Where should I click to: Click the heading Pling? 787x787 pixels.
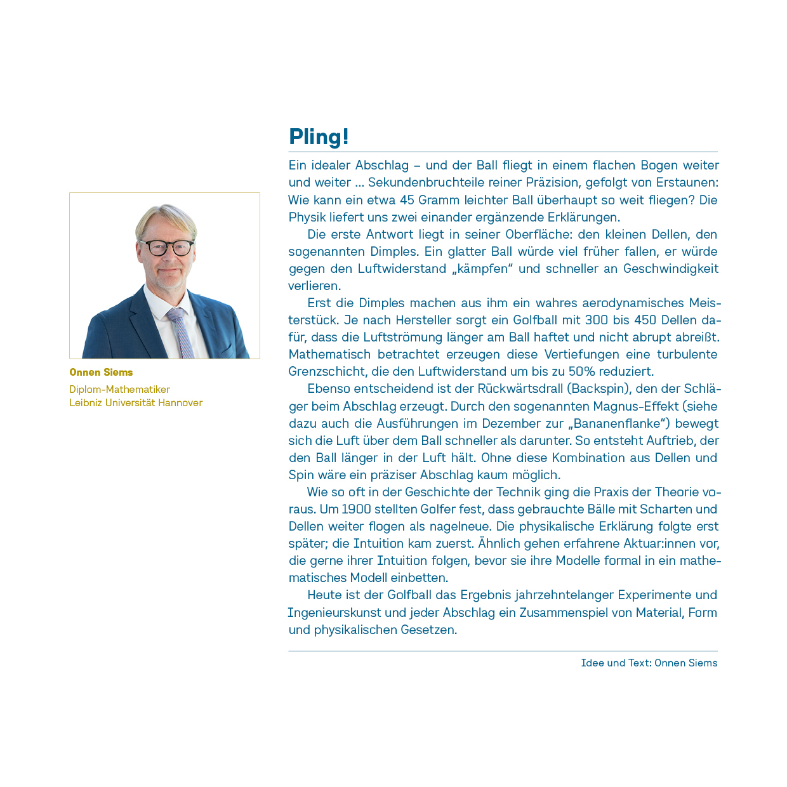pos(319,136)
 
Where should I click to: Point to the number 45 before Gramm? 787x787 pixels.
pos(407,200)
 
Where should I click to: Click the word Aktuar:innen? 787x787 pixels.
pos(673,543)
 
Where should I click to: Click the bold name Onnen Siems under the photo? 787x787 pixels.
pos(101,372)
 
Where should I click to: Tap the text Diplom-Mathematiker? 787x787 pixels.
pos(119,389)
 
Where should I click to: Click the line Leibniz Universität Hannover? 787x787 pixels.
pos(136,402)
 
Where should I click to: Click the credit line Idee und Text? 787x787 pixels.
pos(649,663)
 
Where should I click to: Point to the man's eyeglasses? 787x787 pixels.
pos(166,247)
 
